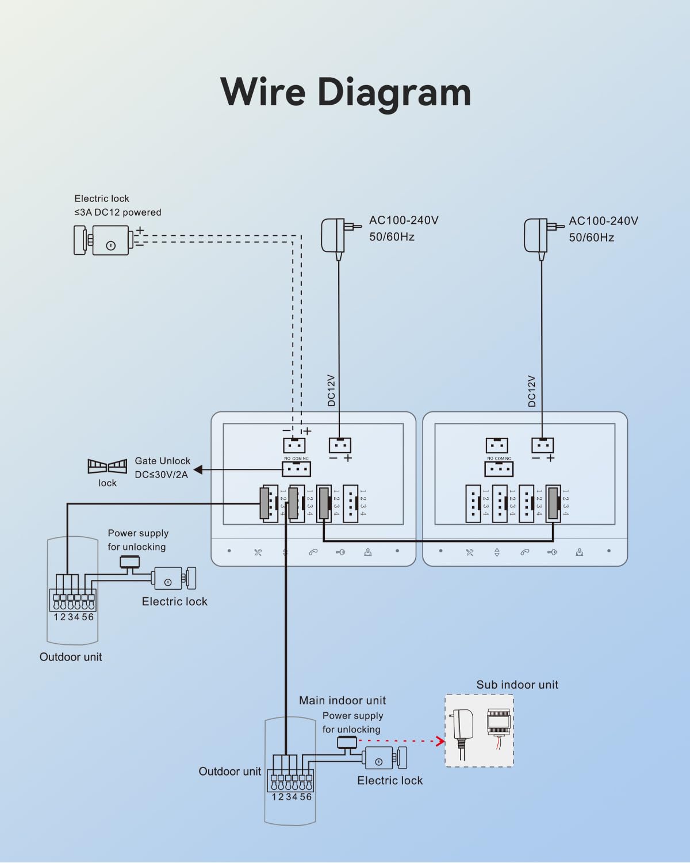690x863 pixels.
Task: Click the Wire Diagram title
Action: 346,92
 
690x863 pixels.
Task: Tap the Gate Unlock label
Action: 162,461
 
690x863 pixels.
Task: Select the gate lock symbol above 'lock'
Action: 107,466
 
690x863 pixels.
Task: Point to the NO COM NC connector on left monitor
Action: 296,468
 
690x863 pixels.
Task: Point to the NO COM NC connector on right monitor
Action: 499,468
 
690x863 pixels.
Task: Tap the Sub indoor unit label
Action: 517,685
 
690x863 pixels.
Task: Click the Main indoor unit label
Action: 342,700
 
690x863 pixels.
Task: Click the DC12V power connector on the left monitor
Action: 340,445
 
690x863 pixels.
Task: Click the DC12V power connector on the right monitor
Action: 542,445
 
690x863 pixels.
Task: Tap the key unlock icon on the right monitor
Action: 552,552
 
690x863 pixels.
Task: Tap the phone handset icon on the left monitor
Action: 313,552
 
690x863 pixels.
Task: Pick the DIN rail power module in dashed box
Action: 499,723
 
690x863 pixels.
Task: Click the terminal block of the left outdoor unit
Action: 72,601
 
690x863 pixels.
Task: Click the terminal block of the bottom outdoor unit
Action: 292,781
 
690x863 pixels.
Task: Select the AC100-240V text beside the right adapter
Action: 603,221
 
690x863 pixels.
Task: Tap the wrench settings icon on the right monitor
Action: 470,552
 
